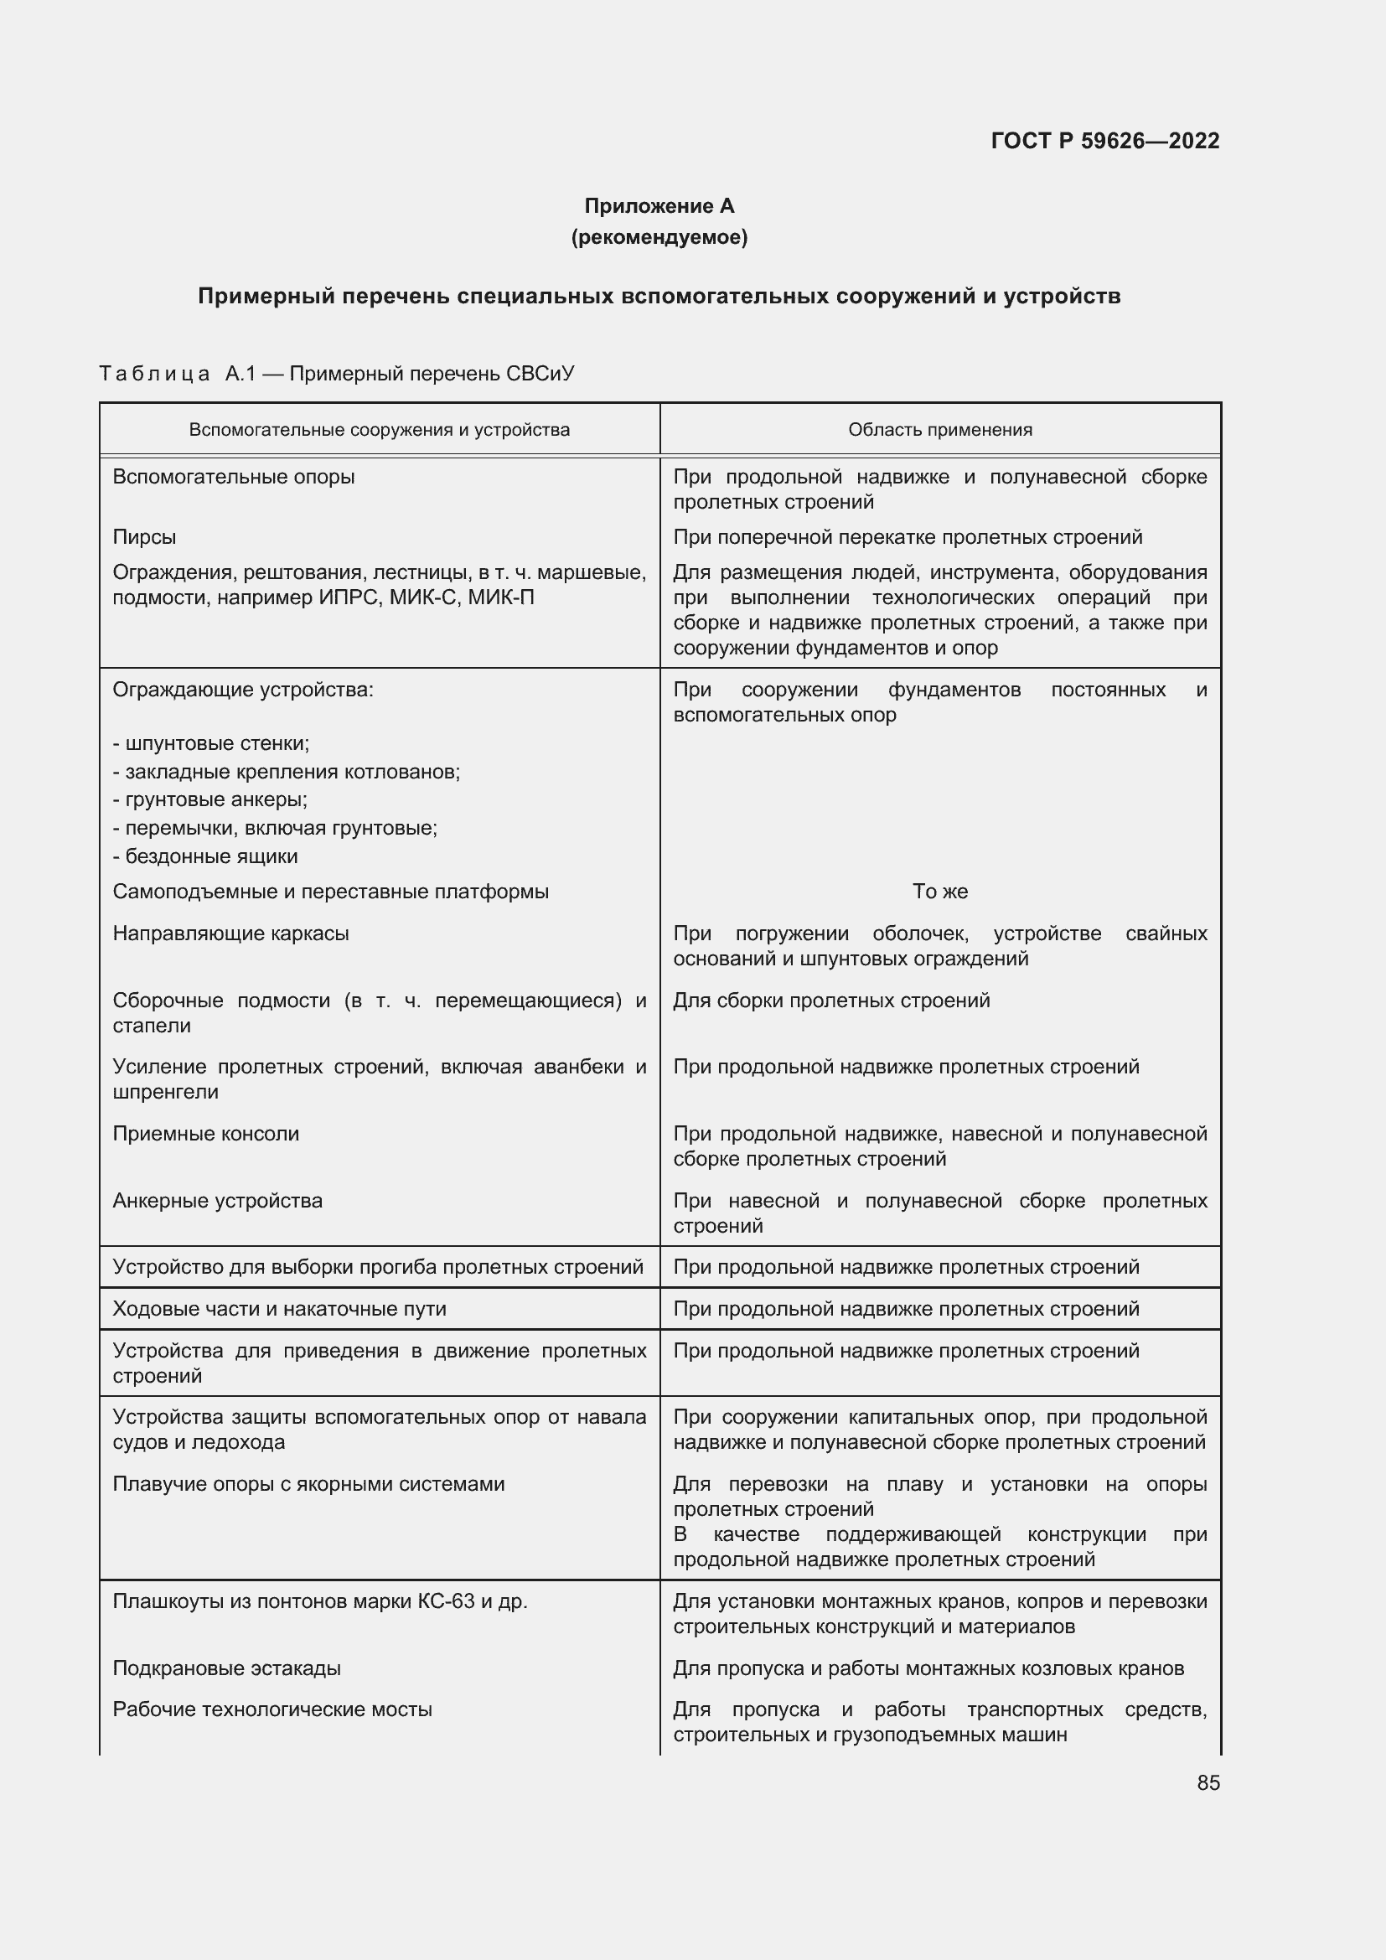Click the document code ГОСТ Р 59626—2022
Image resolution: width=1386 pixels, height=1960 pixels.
pos(1104,141)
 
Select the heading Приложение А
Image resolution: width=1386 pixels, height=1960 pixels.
pos(659,206)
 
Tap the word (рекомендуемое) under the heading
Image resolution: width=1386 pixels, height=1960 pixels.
pos(659,237)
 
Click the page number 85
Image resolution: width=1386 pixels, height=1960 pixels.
pos(1208,1782)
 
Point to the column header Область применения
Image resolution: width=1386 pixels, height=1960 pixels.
pos(939,430)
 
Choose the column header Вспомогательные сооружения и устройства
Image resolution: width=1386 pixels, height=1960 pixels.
pos(379,430)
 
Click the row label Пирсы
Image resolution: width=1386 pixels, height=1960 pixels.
pos(144,537)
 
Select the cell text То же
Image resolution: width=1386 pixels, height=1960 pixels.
pos(939,892)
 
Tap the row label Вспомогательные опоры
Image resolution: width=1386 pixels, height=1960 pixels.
pos(233,477)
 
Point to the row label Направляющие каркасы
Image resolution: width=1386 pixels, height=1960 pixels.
pos(230,933)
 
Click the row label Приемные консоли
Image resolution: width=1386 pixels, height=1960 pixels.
pos(205,1134)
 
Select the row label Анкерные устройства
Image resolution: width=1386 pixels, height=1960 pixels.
pos(218,1200)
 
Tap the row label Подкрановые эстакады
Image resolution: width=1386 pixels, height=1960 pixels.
pos(226,1668)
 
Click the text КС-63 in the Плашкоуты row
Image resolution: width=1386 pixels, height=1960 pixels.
pos(446,1601)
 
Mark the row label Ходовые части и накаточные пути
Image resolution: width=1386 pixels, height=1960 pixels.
pos(279,1309)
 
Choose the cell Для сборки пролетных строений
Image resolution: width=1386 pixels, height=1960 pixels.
pos(831,1000)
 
